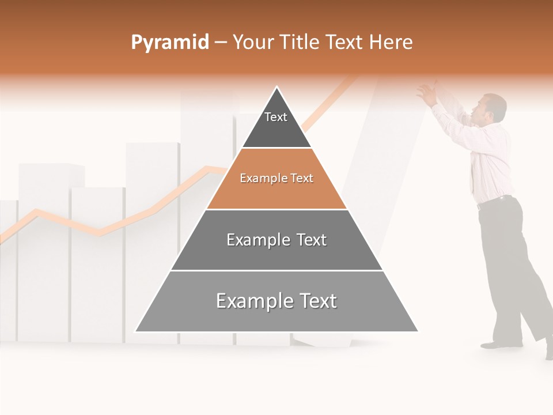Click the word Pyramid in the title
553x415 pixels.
169,43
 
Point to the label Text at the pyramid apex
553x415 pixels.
275,117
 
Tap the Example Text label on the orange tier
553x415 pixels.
276,178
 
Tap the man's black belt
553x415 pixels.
494,201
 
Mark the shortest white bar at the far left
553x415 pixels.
7,271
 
